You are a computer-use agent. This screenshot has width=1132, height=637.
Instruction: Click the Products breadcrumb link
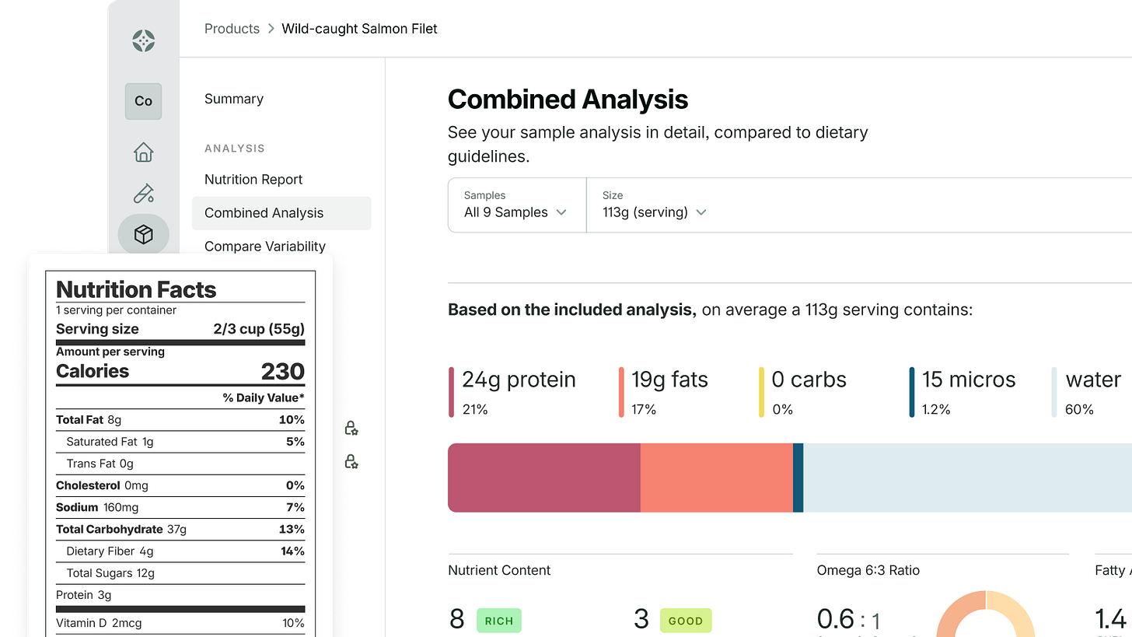pyautogui.click(x=232, y=29)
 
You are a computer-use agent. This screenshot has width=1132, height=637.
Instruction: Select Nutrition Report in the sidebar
pyautogui.click(x=253, y=180)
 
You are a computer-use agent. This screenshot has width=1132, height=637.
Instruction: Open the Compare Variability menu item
pyautogui.click(x=264, y=247)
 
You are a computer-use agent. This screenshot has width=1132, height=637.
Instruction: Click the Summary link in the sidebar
pyautogui.click(x=233, y=99)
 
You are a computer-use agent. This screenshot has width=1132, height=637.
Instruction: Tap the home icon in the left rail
pyautogui.click(x=143, y=152)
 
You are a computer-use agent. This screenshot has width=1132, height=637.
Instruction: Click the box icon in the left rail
pyautogui.click(x=143, y=234)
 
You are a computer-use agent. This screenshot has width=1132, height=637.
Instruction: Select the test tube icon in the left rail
pyautogui.click(x=143, y=193)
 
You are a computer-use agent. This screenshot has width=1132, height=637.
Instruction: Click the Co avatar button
pyautogui.click(x=143, y=101)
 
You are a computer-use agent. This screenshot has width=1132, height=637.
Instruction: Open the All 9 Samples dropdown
pyautogui.click(x=516, y=205)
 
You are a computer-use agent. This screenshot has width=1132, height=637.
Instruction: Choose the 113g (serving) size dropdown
pyautogui.click(x=654, y=205)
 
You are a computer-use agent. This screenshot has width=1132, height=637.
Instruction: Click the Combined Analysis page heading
pyautogui.click(x=568, y=100)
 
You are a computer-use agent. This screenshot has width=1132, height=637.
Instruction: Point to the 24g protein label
pyautogui.click(x=519, y=380)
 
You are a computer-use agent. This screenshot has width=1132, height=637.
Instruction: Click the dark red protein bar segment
pyautogui.click(x=544, y=478)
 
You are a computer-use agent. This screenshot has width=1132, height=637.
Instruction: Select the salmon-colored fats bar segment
pyautogui.click(x=716, y=478)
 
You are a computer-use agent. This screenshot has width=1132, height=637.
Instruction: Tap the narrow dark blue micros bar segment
pyautogui.click(x=798, y=478)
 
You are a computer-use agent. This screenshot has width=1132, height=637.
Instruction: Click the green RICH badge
pyautogui.click(x=498, y=621)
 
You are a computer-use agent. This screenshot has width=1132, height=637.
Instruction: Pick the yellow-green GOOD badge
pyautogui.click(x=685, y=621)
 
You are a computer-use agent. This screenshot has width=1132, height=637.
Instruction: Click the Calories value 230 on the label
pyautogui.click(x=282, y=372)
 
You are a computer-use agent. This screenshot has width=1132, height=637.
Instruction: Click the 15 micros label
pyautogui.click(x=968, y=380)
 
